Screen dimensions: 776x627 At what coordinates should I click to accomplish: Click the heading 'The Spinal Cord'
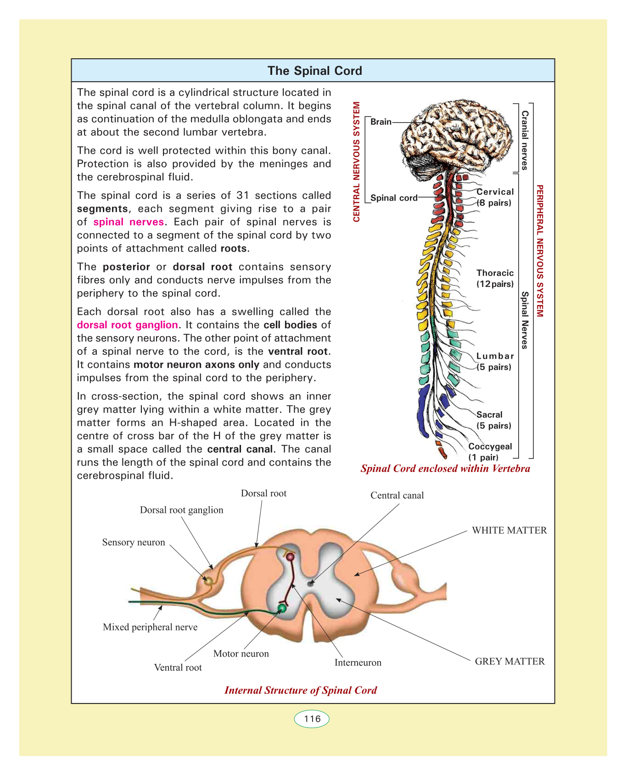pyautogui.click(x=314, y=71)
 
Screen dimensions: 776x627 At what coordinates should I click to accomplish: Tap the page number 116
pyautogui.click(x=312, y=719)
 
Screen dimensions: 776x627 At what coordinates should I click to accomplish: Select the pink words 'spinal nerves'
pyautogui.click(x=129, y=222)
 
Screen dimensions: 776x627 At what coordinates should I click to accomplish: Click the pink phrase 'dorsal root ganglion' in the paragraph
pyautogui.click(x=127, y=325)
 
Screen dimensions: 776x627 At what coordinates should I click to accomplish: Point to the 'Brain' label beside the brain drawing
pyautogui.click(x=381, y=122)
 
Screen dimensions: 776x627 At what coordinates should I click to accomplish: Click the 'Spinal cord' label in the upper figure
pyautogui.click(x=394, y=198)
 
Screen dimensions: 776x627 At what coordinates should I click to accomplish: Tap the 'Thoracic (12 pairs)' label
pyautogui.click(x=495, y=278)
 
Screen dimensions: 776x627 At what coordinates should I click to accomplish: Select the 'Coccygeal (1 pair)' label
pyautogui.click(x=490, y=452)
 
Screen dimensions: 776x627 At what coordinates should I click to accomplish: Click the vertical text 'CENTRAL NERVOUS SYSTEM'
pyautogui.click(x=356, y=162)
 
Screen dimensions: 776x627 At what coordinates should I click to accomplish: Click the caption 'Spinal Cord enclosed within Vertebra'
pyautogui.click(x=445, y=468)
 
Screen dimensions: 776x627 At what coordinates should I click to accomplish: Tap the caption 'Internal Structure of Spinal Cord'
pyautogui.click(x=301, y=690)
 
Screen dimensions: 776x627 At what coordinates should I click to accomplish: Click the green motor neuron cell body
pyautogui.click(x=282, y=608)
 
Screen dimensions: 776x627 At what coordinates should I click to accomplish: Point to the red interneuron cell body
pyautogui.click(x=290, y=557)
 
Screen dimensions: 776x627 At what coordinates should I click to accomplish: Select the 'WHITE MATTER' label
pyautogui.click(x=509, y=530)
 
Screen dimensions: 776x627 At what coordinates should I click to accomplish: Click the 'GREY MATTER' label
pyautogui.click(x=509, y=662)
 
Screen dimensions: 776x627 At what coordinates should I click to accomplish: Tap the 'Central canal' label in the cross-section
pyautogui.click(x=397, y=495)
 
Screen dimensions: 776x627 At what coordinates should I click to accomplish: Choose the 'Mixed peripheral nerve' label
pyautogui.click(x=150, y=627)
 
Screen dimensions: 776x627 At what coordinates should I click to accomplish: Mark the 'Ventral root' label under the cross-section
pyautogui.click(x=178, y=668)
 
